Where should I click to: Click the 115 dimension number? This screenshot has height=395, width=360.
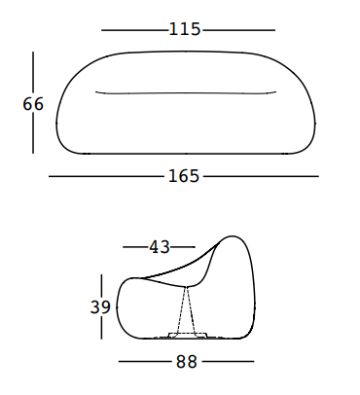pyautogui.click(x=185, y=29)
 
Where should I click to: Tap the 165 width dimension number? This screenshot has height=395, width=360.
pyautogui.click(x=184, y=176)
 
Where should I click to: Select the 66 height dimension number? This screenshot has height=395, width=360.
pyautogui.click(x=33, y=104)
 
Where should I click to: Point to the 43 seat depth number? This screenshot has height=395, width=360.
pyautogui.click(x=160, y=247)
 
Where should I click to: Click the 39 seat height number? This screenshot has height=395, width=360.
pyautogui.click(x=100, y=306)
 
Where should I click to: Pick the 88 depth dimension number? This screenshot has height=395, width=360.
pyautogui.click(x=187, y=361)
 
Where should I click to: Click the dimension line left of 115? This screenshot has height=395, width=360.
pyautogui.click(x=134, y=30)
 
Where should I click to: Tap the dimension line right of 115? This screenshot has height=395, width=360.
pyautogui.click(x=238, y=30)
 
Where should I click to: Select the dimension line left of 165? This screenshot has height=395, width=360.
pyautogui.click(x=107, y=176)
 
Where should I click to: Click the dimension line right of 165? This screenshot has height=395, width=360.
pyautogui.click(x=261, y=176)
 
